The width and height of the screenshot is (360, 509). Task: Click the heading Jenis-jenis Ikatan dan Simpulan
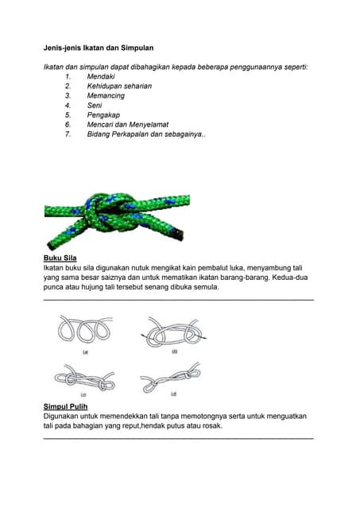(x=98, y=48)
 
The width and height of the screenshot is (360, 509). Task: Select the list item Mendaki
(x=101, y=76)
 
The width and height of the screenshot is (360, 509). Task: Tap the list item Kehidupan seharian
(x=119, y=86)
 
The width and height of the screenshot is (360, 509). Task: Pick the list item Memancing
(x=106, y=95)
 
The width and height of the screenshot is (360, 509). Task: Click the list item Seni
(x=95, y=105)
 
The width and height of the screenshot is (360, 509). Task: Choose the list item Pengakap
(x=103, y=115)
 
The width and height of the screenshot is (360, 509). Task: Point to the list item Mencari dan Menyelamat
(x=128, y=125)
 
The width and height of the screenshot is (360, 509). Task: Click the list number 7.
(x=68, y=134)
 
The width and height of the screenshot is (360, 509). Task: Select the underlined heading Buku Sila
(x=60, y=258)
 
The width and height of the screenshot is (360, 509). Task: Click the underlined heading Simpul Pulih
(x=65, y=406)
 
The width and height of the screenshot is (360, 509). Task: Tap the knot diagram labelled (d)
(x=171, y=378)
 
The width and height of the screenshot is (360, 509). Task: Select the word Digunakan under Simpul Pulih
(x=65, y=416)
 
